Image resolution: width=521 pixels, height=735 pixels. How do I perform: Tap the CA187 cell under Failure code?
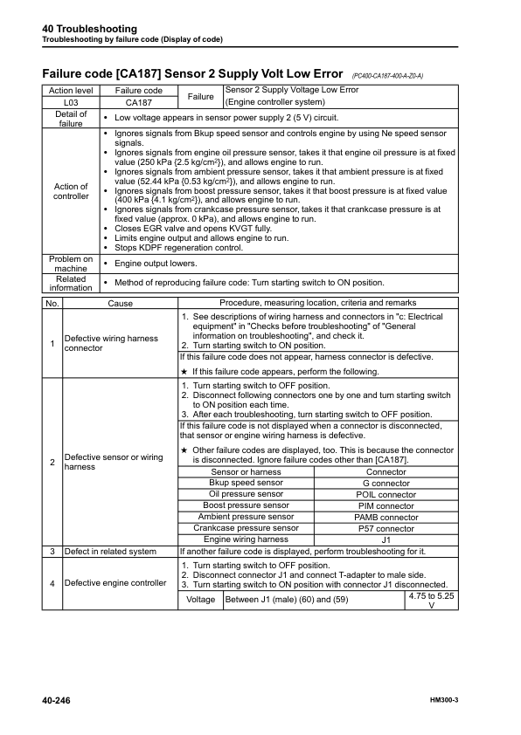click(139, 101)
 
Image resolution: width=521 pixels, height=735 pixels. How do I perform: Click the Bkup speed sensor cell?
click(246, 483)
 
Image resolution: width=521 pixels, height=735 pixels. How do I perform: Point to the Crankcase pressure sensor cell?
click(246, 528)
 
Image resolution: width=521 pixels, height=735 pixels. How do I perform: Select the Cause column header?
click(120, 302)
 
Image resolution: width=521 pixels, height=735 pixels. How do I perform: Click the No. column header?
click(52, 302)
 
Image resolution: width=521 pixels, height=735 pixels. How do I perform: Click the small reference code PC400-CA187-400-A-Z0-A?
click(387, 76)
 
